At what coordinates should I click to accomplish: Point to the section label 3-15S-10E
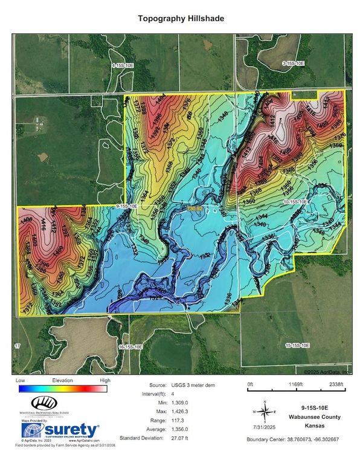[x=293, y=63]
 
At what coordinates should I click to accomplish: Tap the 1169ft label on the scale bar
[x=298, y=384]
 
